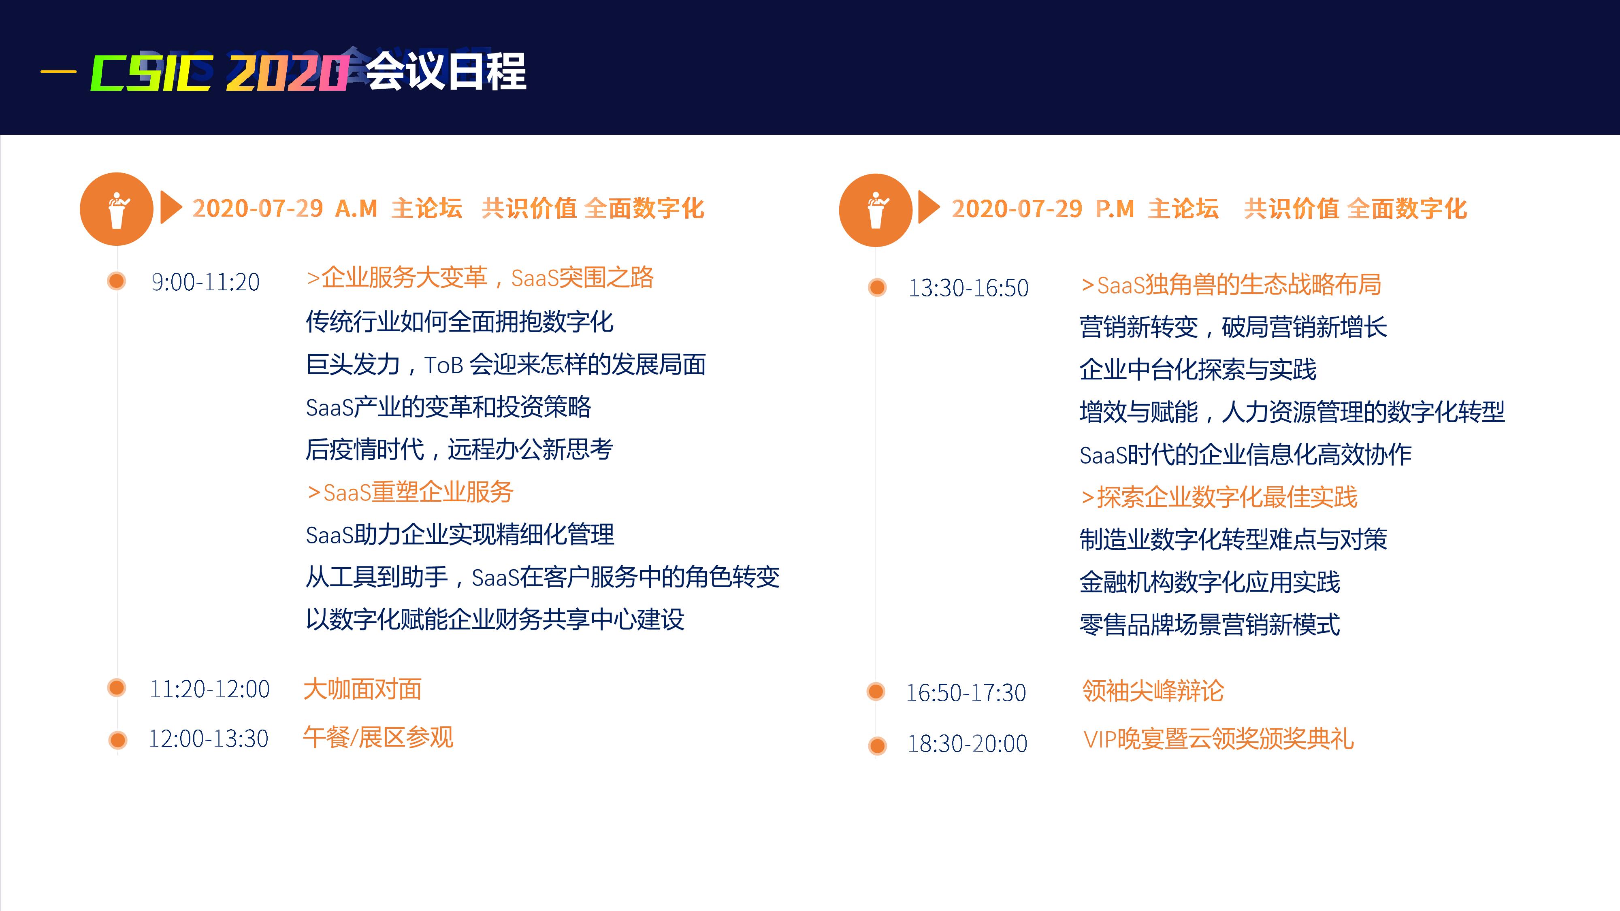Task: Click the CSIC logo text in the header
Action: coord(151,73)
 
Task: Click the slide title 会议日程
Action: coord(445,71)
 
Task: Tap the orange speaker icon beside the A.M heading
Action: coord(116,209)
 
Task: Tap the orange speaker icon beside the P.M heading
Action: coord(875,210)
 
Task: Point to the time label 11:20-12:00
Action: coord(209,689)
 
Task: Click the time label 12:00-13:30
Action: coord(208,738)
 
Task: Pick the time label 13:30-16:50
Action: coord(968,288)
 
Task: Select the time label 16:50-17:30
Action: coord(966,693)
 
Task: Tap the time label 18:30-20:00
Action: coord(967,744)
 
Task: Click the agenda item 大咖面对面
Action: coord(362,689)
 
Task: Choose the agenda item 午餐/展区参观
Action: coord(378,737)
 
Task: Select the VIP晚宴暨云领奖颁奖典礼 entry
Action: coord(1218,739)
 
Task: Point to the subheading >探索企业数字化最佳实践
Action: coord(1219,497)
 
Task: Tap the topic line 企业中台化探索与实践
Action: coord(1198,369)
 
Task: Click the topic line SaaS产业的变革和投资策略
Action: coord(448,407)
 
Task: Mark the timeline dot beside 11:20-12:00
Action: coord(116,688)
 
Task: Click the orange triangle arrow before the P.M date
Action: coord(929,207)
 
